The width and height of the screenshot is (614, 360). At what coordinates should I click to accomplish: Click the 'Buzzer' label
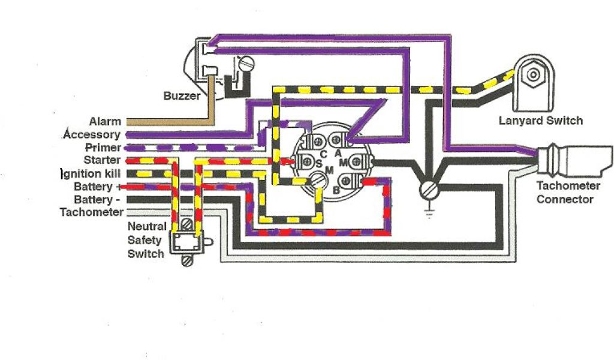(182, 96)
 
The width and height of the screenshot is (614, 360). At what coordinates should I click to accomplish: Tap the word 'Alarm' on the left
(105, 122)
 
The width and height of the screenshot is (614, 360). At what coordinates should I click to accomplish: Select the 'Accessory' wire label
(92, 135)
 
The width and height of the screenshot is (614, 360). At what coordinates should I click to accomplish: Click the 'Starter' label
(102, 160)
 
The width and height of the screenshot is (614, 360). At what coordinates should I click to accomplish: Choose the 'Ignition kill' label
(91, 173)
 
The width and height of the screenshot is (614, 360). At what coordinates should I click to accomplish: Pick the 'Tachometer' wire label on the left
(92, 212)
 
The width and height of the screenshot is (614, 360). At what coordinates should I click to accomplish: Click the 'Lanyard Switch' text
(541, 121)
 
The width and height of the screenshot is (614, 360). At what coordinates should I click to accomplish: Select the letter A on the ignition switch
(338, 153)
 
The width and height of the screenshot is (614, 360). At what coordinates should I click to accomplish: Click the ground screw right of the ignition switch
(429, 190)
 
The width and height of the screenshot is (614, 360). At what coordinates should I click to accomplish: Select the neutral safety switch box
(186, 242)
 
